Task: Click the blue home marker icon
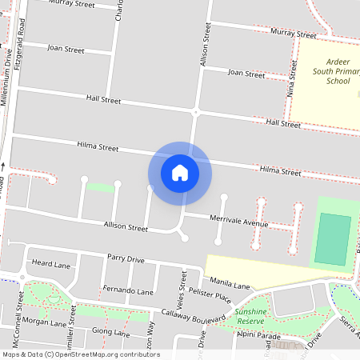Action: (x=180, y=173)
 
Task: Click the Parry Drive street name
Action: (x=126, y=259)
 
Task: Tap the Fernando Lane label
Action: (x=128, y=291)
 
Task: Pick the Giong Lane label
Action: (x=110, y=331)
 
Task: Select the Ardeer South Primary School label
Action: (x=327, y=71)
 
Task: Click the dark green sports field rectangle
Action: (x=332, y=238)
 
